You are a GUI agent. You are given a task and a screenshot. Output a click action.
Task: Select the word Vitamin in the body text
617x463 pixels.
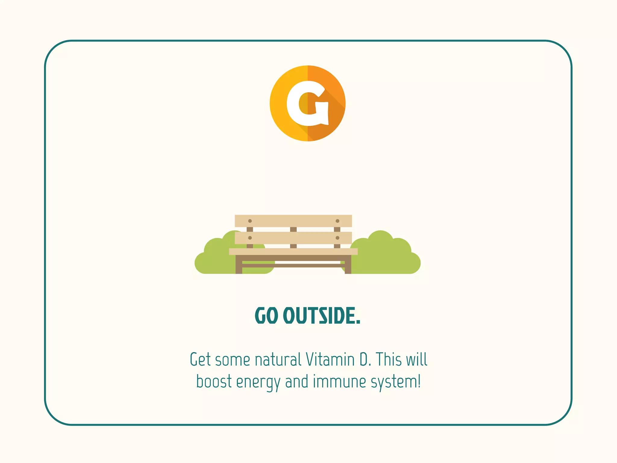(x=330, y=359)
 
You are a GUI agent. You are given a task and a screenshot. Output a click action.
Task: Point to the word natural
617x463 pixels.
(x=278, y=359)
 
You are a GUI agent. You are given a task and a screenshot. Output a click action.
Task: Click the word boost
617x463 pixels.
(x=214, y=381)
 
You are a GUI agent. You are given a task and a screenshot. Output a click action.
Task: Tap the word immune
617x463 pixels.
(x=339, y=381)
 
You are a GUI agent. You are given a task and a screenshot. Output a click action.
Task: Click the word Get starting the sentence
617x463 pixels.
(x=200, y=359)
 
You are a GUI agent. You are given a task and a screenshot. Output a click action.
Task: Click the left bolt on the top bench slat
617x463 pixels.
(x=250, y=221)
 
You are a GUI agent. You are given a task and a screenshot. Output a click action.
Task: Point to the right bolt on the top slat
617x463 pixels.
(x=337, y=221)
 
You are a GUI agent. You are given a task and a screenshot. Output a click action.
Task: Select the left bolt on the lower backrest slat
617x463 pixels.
(x=250, y=238)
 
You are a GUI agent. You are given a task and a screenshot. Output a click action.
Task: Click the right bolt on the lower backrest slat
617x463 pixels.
(x=337, y=238)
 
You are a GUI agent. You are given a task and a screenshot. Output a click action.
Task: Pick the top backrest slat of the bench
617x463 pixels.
(x=293, y=221)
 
